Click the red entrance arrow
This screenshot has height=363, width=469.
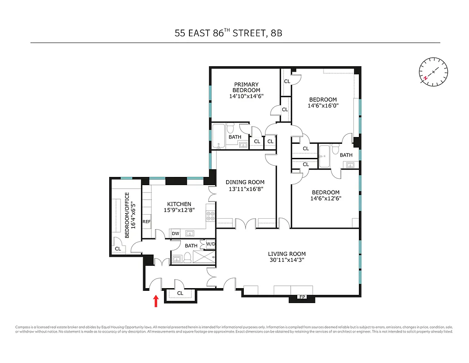[156, 301]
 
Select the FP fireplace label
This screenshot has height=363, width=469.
[302, 298]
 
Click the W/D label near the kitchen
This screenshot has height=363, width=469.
[211, 245]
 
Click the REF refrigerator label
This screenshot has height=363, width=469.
[146, 222]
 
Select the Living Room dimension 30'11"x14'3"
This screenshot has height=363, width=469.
[287, 260]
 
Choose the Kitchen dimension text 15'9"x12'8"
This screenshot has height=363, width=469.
[179, 210]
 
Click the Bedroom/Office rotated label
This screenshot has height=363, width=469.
[127, 215]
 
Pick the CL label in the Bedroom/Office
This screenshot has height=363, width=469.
[118, 249]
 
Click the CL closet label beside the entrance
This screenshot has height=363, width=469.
[180, 293]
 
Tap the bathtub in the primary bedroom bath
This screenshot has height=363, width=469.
[220, 136]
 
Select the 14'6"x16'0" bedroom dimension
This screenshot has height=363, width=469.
[323, 106]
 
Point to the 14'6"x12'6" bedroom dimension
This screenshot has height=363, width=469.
[325, 198]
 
